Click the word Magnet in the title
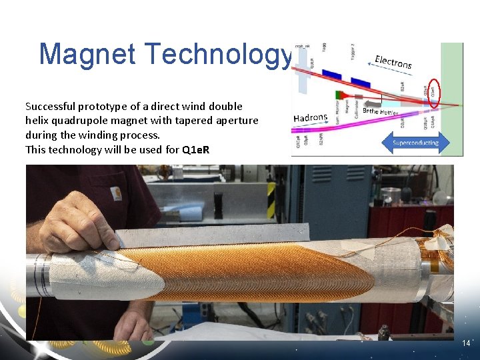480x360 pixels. point(87,54)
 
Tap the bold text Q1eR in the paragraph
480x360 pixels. point(195,150)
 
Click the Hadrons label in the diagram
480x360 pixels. point(310,118)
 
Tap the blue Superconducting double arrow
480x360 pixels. point(415,142)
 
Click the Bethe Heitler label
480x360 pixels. point(380,112)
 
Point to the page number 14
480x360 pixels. point(466,343)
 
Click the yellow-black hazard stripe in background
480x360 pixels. point(271,200)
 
